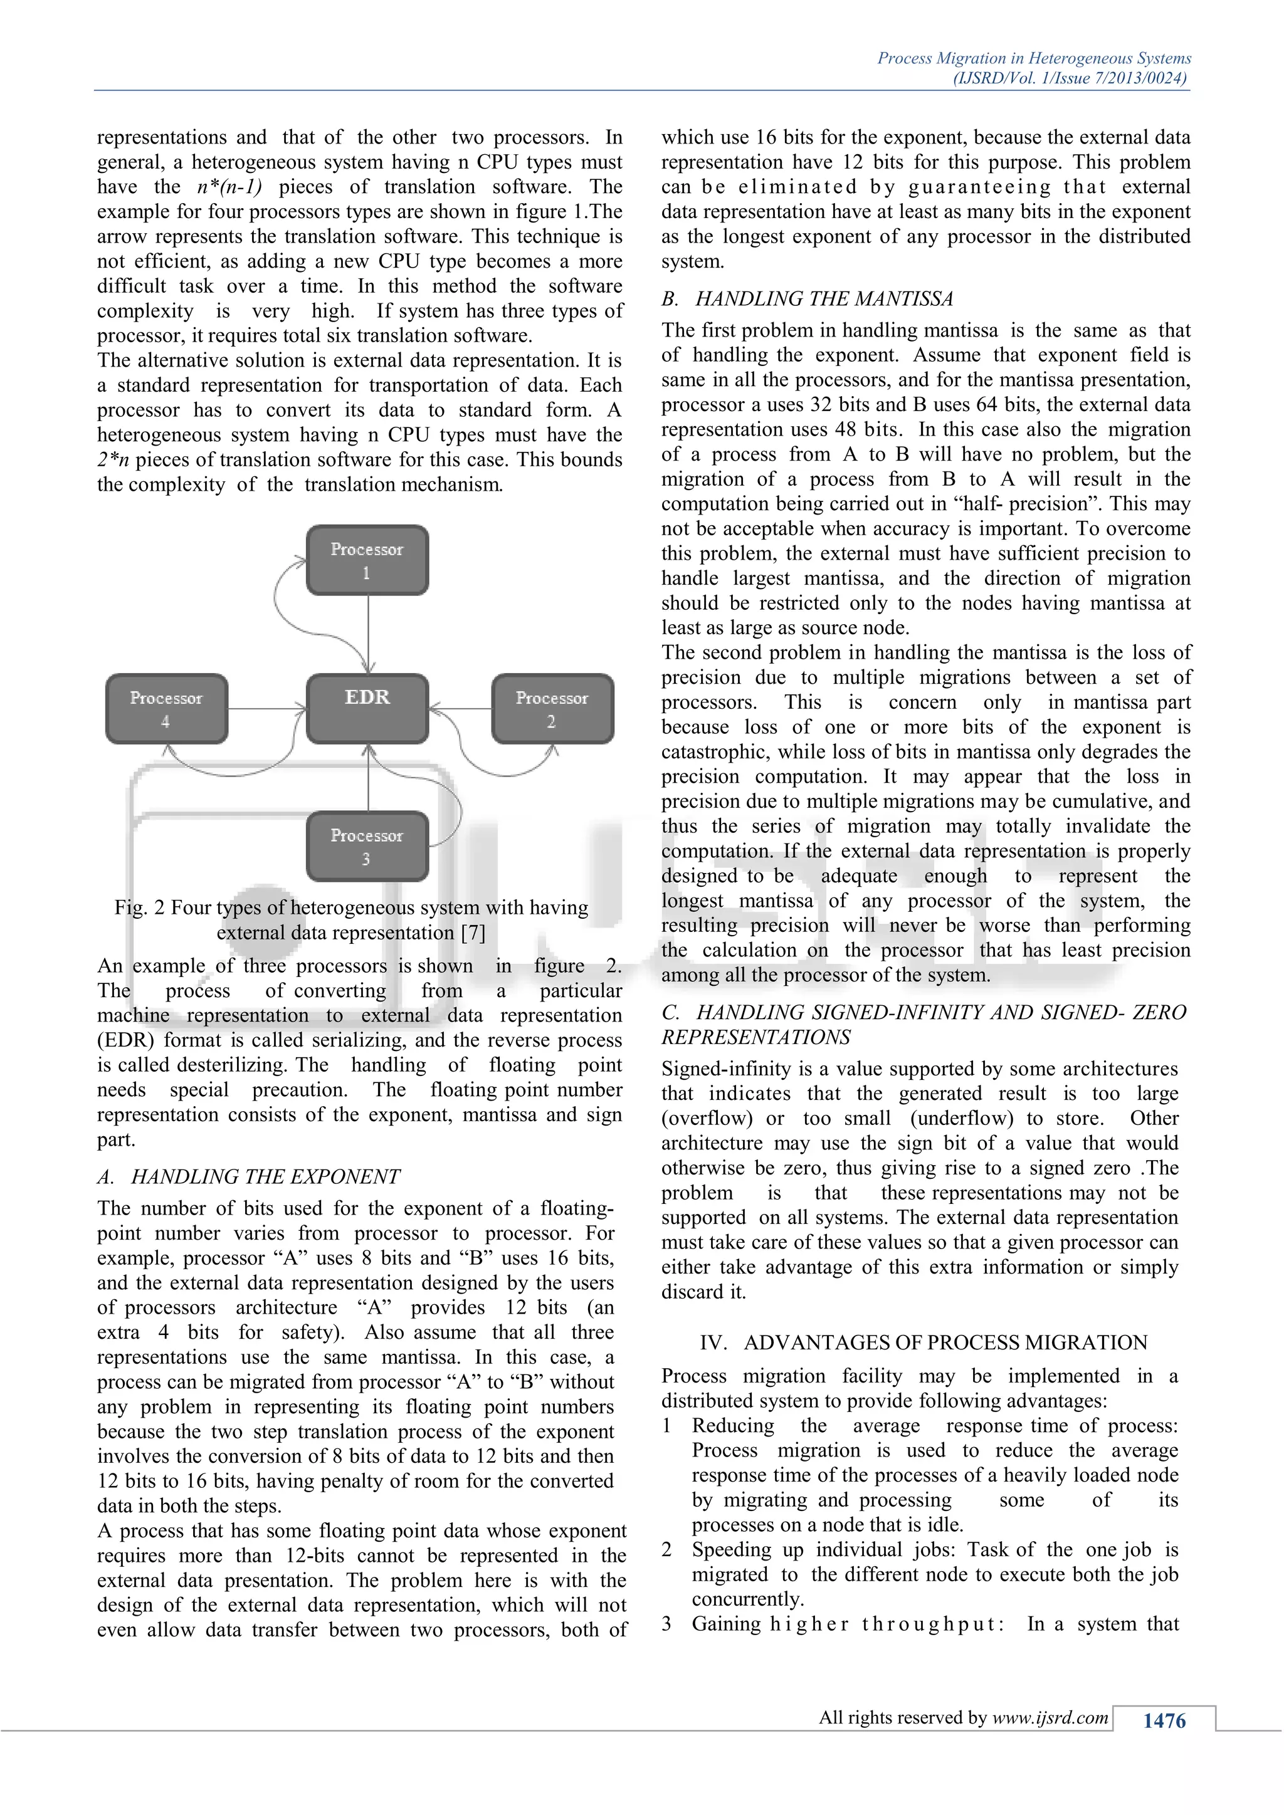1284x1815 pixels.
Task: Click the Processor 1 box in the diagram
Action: (x=367, y=560)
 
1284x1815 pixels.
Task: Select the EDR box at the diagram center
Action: (x=367, y=708)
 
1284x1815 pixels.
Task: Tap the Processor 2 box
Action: (x=552, y=709)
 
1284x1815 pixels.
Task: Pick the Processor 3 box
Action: (x=367, y=846)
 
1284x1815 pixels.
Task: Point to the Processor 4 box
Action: (x=166, y=709)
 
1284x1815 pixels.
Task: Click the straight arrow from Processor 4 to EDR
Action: (x=267, y=708)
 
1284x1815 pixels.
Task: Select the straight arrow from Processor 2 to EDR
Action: (x=460, y=708)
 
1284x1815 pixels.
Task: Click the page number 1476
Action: (x=1164, y=1721)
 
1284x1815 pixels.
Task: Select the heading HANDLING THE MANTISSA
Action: (x=824, y=299)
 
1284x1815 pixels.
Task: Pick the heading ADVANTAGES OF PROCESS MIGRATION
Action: (x=945, y=1342)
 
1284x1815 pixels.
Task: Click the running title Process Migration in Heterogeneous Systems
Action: (x=1033, y=58)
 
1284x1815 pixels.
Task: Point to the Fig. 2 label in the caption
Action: (x=139, y=908)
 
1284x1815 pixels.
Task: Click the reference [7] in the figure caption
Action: (x=473, y=933)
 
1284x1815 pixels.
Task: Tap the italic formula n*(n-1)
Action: (x=229, y=187)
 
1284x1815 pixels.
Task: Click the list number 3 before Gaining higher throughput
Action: (x=666, y=1624)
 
